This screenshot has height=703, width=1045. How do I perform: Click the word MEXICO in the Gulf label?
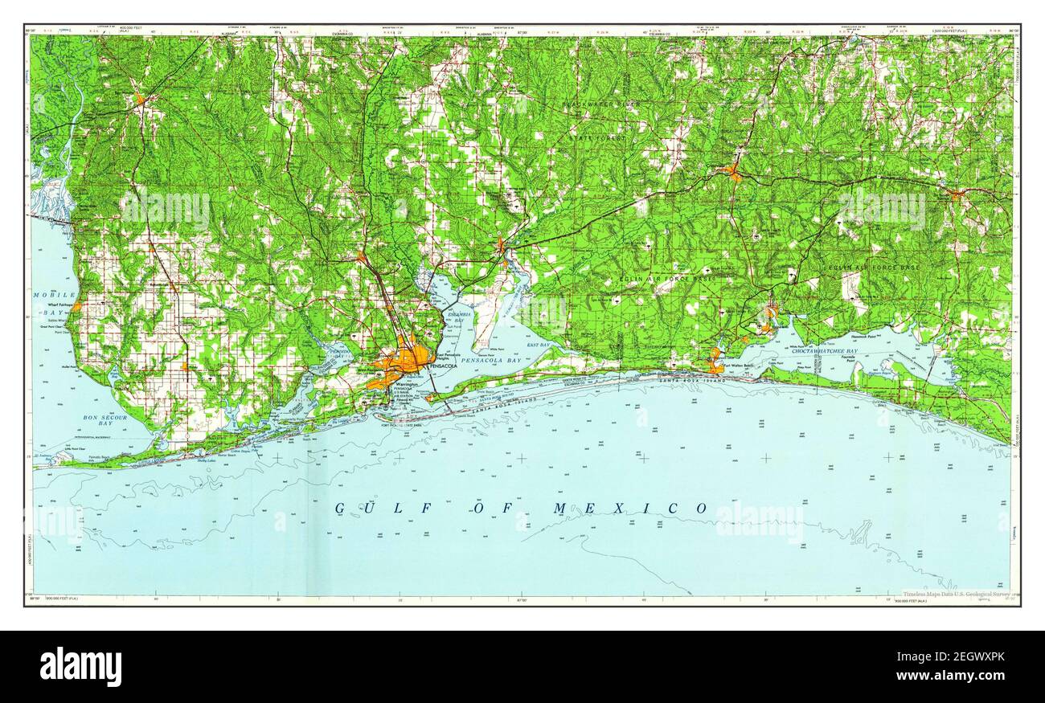tap(630, 508)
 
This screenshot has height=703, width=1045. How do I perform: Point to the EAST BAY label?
tap(539, 345)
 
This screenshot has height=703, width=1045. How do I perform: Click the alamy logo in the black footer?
tap(80, 666)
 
